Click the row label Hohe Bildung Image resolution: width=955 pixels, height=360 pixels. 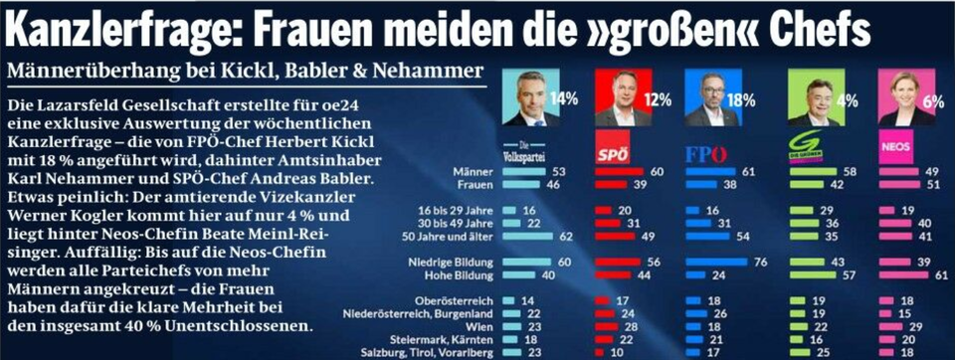(460, 274)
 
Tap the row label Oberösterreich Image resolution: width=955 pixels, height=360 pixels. (460, 299)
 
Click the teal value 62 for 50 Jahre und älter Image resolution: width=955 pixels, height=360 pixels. (568, 236)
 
